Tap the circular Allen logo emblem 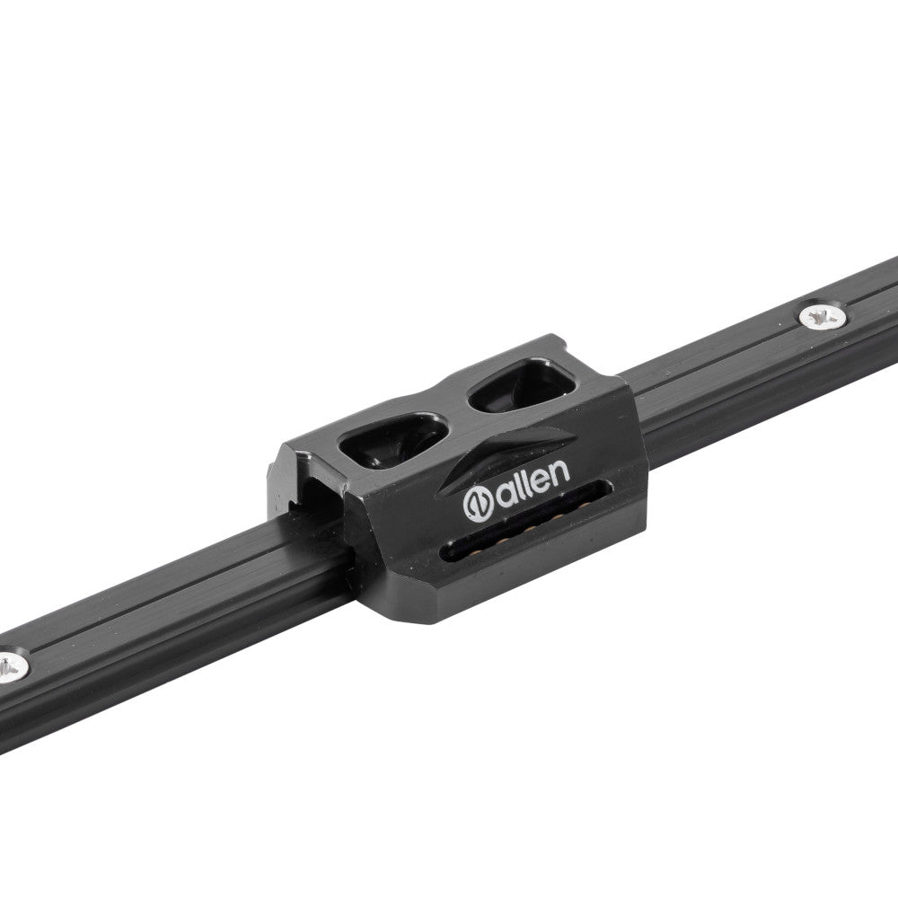(x=479, y=504)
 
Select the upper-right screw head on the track (x=823, y=315)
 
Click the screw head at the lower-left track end (x=10, y=666)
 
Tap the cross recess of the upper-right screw (x=823, y=315)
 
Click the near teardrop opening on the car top (x=393, y=440)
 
